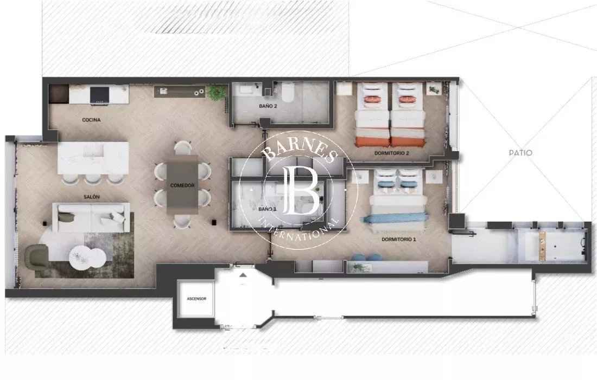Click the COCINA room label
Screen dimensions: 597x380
(91, 120)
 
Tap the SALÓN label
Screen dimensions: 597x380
(91, 197)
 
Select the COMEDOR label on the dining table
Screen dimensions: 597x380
(182, 185)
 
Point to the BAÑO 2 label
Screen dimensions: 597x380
(268, 106)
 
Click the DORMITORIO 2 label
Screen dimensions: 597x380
(391, 153)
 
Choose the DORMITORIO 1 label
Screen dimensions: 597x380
(399, 239)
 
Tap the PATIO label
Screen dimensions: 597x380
(520, 153)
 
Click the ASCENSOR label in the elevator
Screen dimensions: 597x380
(196, 299)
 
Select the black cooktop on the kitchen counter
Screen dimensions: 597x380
(99, 95)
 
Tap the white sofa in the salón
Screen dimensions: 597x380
(91, 217)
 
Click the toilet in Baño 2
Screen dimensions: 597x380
(288, 92)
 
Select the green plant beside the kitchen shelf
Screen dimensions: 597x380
(218, 93)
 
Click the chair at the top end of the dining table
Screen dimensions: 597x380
(183, 147)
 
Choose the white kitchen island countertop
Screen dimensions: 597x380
(93, 158)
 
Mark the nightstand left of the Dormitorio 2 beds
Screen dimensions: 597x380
(345, 88)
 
